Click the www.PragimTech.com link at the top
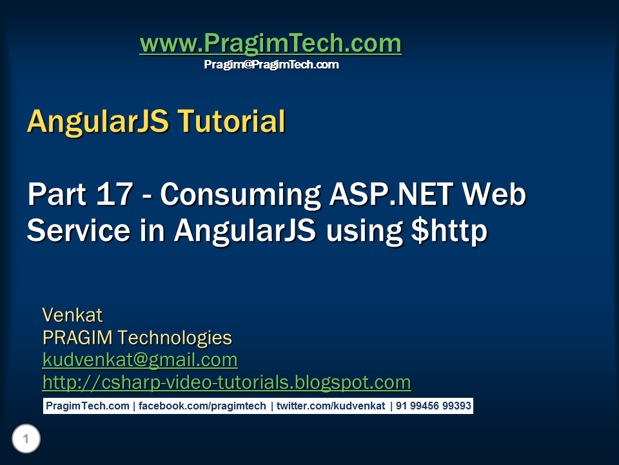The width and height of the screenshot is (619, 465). (x=270, y=43)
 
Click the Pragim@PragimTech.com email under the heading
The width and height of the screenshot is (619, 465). (x=271, y=65)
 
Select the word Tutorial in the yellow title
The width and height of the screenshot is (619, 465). (x=231, y=121)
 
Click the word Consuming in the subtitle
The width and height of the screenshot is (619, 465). (x=240, y=195)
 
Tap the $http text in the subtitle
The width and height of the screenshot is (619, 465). (x=449, y=231)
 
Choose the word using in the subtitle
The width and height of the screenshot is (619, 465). (x=364, y=232)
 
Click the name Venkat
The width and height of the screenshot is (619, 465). (x=72, y=315)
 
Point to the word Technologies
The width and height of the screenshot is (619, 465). (x=175, y=338)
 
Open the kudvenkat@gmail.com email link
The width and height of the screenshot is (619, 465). (x=140, y=360)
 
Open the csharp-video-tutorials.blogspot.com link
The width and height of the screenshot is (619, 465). (x=226, y=382)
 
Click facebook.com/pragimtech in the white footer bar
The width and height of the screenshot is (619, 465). (x=202, y=406)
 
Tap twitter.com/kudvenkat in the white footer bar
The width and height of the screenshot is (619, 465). (x=331, y=406)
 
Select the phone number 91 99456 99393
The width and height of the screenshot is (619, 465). (x=433, y=406)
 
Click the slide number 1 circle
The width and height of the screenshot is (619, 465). (x=26, y=439)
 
